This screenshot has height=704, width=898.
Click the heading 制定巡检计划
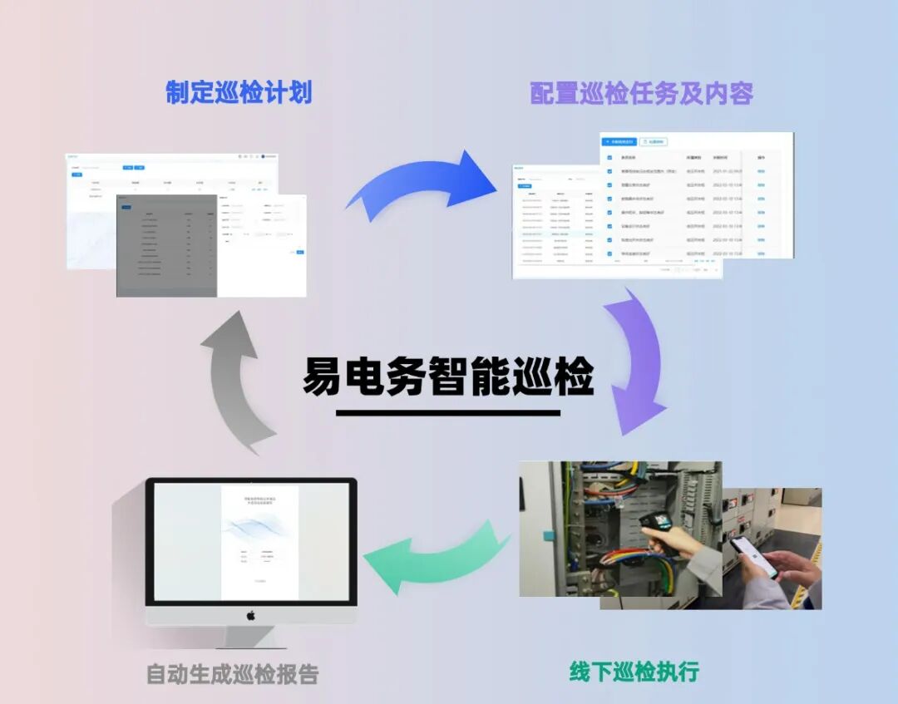pyautogui.click(x=239, y=92)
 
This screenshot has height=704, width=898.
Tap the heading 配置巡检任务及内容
pyautogui.click(x=641, y=94)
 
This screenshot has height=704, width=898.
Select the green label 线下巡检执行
pyautogui.click(x=634, y=671)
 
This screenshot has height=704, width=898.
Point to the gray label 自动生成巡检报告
pyautogui.click(x=232, y=673)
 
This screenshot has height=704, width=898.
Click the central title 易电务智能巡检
pyautogui.click(x=448, y=377)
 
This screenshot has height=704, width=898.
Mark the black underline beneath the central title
pyautogui.click(x=448, y=412)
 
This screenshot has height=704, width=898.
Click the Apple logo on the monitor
pyautogui.click(x=250, y=615)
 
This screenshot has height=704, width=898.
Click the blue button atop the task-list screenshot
pyautogui.click(x=619, y=142)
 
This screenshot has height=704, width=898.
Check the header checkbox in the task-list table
pyautogui.click(x=609, y=157)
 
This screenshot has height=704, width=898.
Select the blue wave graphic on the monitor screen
pyautogui.click(x=259, y=528)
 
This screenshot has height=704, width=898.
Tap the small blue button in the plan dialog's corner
pyautogui.click(x=300, y=252)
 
